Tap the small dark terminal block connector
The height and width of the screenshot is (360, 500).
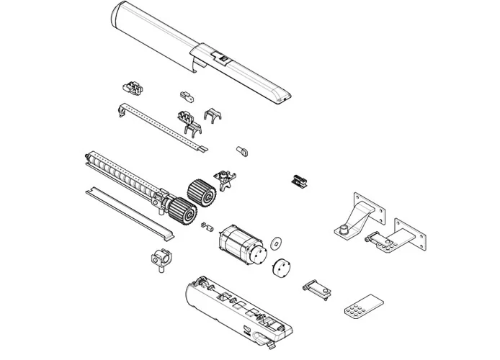(x=298, y=179)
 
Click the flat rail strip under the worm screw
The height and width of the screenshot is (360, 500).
(x=130, y=212)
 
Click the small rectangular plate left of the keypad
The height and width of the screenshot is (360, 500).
(x=316, y=289)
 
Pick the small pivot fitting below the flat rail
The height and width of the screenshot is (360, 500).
(x=159, y=256)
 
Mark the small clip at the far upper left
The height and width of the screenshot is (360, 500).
(x=133, y=89)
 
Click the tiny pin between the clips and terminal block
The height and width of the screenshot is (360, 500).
(x=242, y=150)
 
